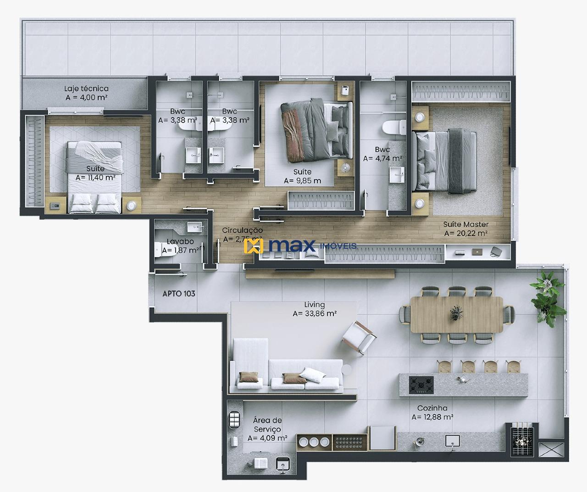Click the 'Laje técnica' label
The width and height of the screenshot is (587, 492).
point(86,89)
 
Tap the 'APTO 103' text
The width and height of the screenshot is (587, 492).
point(179,293)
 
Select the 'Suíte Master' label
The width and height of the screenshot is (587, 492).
point(465,224)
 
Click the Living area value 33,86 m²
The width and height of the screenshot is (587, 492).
point(315,314)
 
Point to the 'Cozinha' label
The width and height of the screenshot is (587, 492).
point(432,408)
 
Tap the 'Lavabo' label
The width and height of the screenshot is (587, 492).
point(180,241)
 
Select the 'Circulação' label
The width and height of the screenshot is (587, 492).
point(242,230)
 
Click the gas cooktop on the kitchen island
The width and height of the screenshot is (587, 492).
point(421,385)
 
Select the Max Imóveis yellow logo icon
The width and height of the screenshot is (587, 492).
point(254,246)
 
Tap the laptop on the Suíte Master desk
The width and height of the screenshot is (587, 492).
point(477,252)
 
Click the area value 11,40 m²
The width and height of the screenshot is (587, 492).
point(95,178)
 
